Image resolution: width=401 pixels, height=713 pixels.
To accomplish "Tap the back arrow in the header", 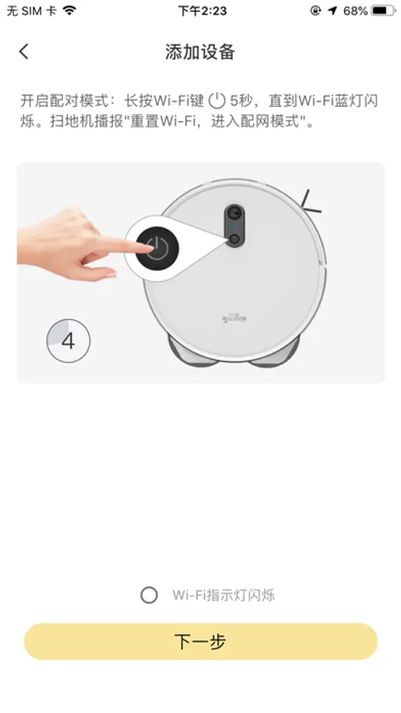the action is (x=24, y=51).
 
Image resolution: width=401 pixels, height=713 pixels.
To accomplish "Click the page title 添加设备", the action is (x=200, y=51).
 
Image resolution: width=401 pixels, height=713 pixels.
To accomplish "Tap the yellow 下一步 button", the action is (x=201, y=642).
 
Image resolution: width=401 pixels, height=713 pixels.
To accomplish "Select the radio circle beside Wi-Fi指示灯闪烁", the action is (x=149, y=595).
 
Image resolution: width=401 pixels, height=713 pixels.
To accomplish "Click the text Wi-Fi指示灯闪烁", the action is (x=223, y=595).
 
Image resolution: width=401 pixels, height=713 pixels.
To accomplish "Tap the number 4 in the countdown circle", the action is (x=68, y=341).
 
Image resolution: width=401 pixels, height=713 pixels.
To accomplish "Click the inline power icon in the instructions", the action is (x=217, y=101).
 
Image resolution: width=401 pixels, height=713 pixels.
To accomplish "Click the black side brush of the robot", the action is (x=311, y=203).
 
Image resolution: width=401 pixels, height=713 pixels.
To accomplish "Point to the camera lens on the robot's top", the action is (x=234, y=212).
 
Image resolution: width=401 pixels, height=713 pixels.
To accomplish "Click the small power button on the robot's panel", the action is (x=234, y=238).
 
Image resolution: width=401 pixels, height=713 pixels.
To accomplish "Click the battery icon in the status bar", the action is (x=383, y=10).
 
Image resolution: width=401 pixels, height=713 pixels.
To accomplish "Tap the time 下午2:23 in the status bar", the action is (x=202, y=10).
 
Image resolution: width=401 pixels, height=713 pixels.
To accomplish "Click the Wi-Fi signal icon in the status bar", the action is (x=70, y=10).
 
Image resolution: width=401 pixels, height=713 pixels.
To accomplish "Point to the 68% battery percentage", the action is (x=355, y=10).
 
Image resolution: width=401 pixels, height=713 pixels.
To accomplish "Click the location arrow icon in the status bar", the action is (x=333, y=10).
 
